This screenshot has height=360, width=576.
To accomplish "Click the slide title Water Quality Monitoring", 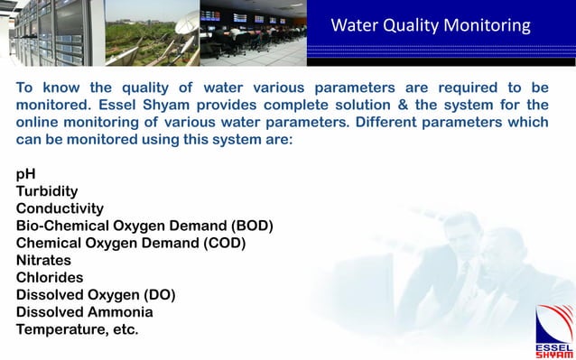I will tap(430, 25).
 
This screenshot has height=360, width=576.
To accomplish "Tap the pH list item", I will tap(26, 175).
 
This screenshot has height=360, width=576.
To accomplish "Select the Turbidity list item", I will tap(47, 191).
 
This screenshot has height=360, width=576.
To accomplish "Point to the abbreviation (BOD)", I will tap(252, 226).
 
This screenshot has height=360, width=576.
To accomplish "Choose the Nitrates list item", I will tap(44, 261).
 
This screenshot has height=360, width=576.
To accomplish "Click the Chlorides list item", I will tap(50, 277).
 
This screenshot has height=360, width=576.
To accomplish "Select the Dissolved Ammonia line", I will tap(84, 312).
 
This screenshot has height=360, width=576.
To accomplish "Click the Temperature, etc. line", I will tap(78, 329).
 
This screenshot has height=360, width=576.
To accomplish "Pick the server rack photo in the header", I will tap(50, 32).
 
